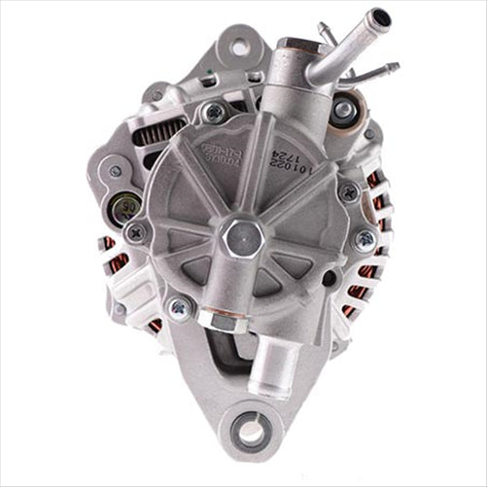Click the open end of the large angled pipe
380,17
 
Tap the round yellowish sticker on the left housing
127,205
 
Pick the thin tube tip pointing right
391,68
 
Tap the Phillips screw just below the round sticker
136,232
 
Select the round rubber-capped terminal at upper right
343,111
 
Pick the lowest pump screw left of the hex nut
179,308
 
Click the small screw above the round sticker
116,171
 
